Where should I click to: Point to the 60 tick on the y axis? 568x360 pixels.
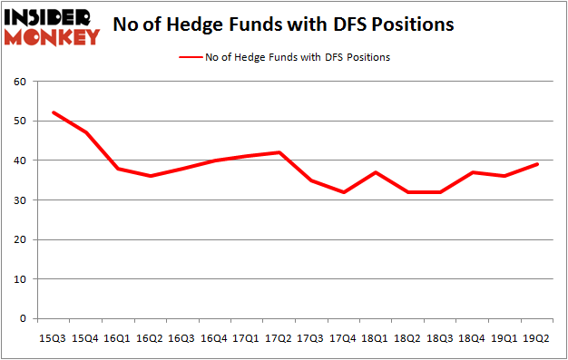point(19,82)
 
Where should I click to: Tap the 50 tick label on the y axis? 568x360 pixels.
point(19,122)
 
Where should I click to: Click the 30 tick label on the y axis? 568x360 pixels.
point(19,200)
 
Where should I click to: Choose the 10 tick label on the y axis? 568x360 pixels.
point(19,279)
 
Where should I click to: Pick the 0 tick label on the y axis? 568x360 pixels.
point(23,319)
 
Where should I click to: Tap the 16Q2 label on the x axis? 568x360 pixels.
point(150,337)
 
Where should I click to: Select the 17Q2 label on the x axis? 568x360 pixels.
point(279,337)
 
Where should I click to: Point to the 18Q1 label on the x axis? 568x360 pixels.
point(376,337)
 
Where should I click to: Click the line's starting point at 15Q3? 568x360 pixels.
point(54,112)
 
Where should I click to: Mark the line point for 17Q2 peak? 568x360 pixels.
point(279,152)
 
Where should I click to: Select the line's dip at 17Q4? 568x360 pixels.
point(344,192)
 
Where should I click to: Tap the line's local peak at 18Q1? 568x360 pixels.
point(376,172)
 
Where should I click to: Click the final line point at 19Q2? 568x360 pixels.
point(537,164)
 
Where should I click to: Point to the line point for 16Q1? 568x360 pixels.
point(118,169)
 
